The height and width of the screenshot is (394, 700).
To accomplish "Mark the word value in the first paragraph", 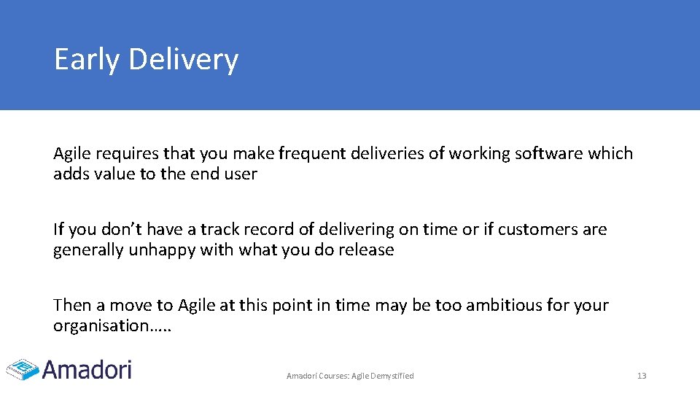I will click(x=111, y=174).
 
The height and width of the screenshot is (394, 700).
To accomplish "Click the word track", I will click(x=220, y=230).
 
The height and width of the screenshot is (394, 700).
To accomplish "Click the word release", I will click(x=367, y=250).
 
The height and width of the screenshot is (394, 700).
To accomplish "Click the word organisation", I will click(x=101, y=326).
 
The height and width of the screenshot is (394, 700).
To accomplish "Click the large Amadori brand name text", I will click(x=87, y=369).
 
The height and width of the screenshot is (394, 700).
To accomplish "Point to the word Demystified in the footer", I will click(x=393, y=376).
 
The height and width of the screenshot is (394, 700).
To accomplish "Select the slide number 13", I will click(x=642, y=376).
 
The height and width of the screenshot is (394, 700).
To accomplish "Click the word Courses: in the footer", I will click(x=332, y=376).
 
